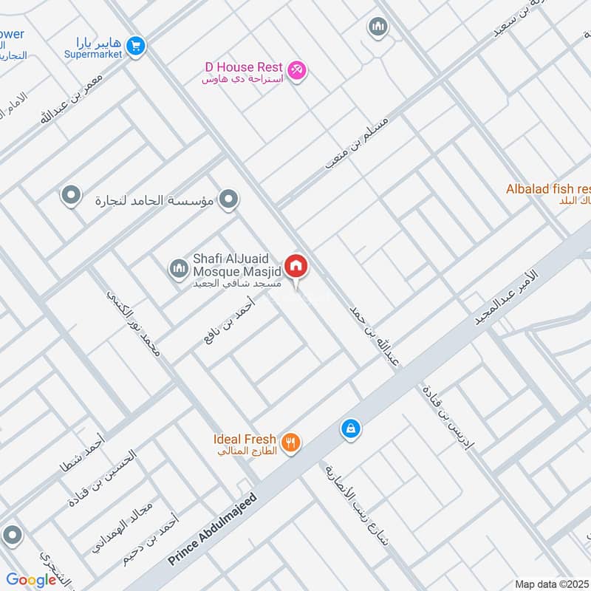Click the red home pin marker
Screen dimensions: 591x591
click(296, 266)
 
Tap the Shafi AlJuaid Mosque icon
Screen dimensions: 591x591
click(178, 267)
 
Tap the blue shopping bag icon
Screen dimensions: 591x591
click(350, 428)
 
